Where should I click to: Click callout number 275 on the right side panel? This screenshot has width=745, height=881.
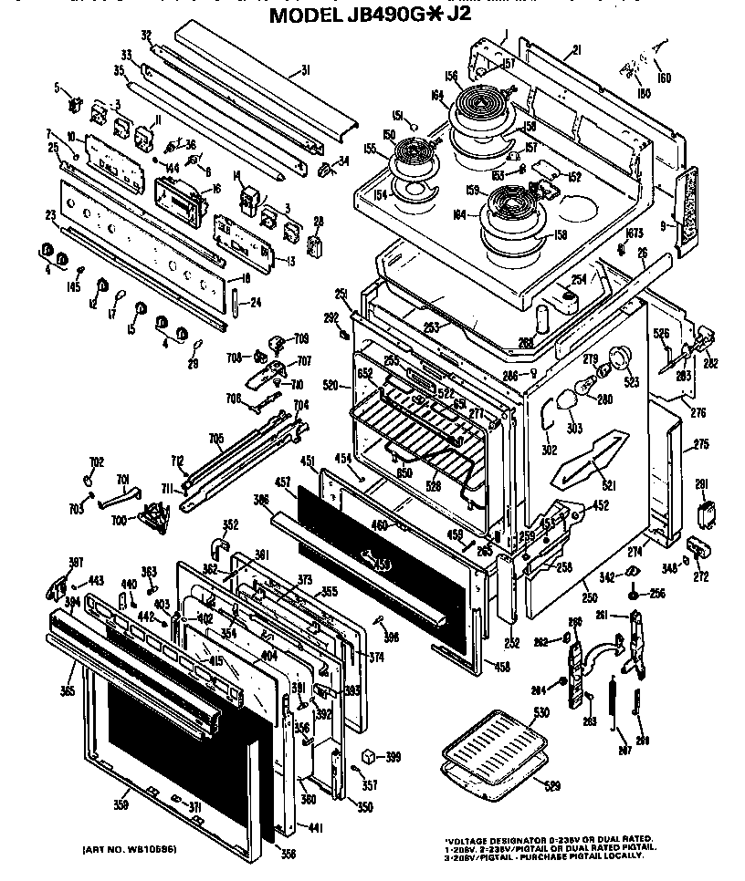point(701,445)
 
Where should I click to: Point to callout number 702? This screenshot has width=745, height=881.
point(96,462)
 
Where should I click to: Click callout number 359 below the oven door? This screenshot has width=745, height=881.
point(120,804)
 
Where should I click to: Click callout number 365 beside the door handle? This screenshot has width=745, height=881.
point(67,691)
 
